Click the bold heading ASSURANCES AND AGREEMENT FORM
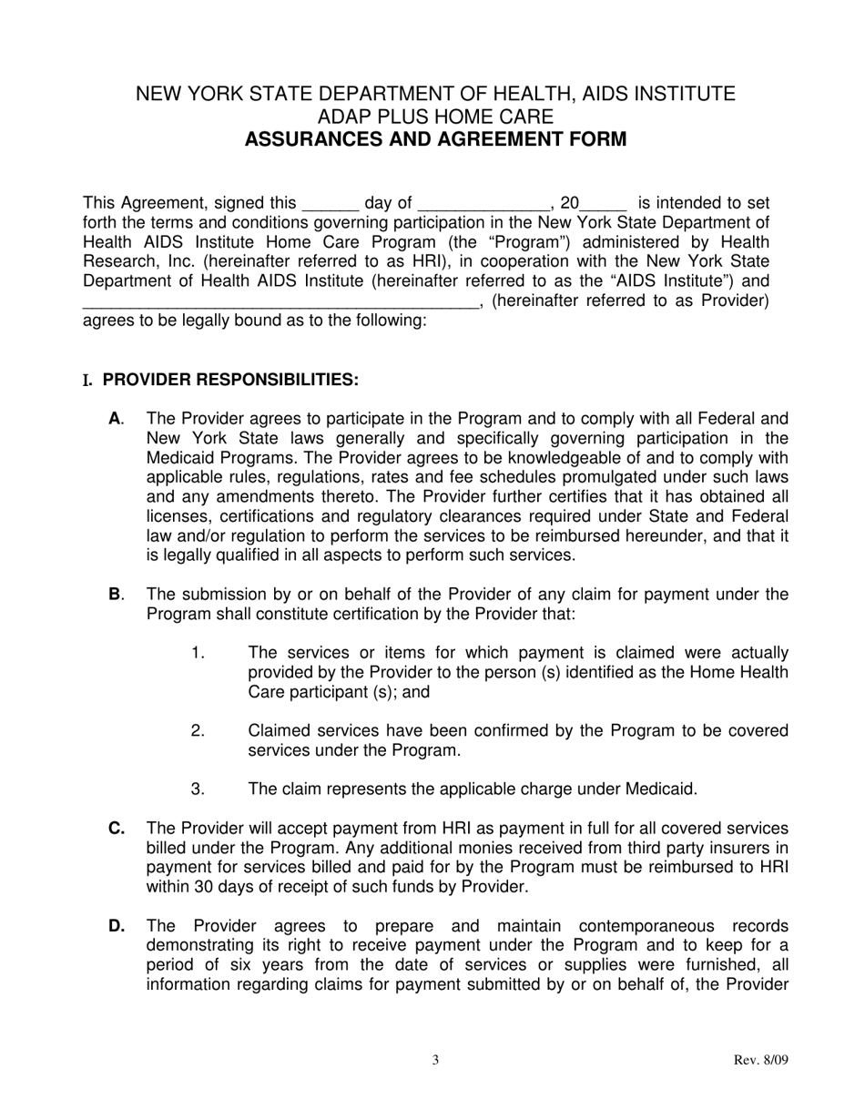pos(435,139)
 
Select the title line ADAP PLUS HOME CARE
pos(435,117)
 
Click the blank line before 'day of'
pos(330,204)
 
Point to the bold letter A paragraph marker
pos(115,419)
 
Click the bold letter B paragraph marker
pos(115,595)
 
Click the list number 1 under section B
pos(198,653)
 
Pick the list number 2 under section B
pos(198,731)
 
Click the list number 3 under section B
pos(198,789)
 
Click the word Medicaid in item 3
pos(660,789)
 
